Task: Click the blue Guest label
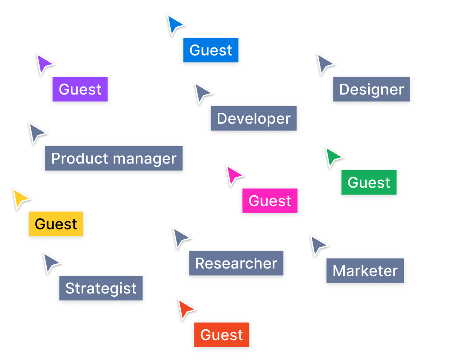211,50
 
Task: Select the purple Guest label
80,89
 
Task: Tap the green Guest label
369,182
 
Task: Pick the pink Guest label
270,201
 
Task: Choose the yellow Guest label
56,224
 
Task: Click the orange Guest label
221,335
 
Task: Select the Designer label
371,89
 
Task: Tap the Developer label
254,118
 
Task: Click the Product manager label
114,158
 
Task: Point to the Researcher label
236,263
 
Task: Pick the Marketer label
365,271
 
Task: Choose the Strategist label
101,288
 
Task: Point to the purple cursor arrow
43,64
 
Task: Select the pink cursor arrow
234,175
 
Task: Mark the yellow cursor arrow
20,199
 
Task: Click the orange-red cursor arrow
185,309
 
